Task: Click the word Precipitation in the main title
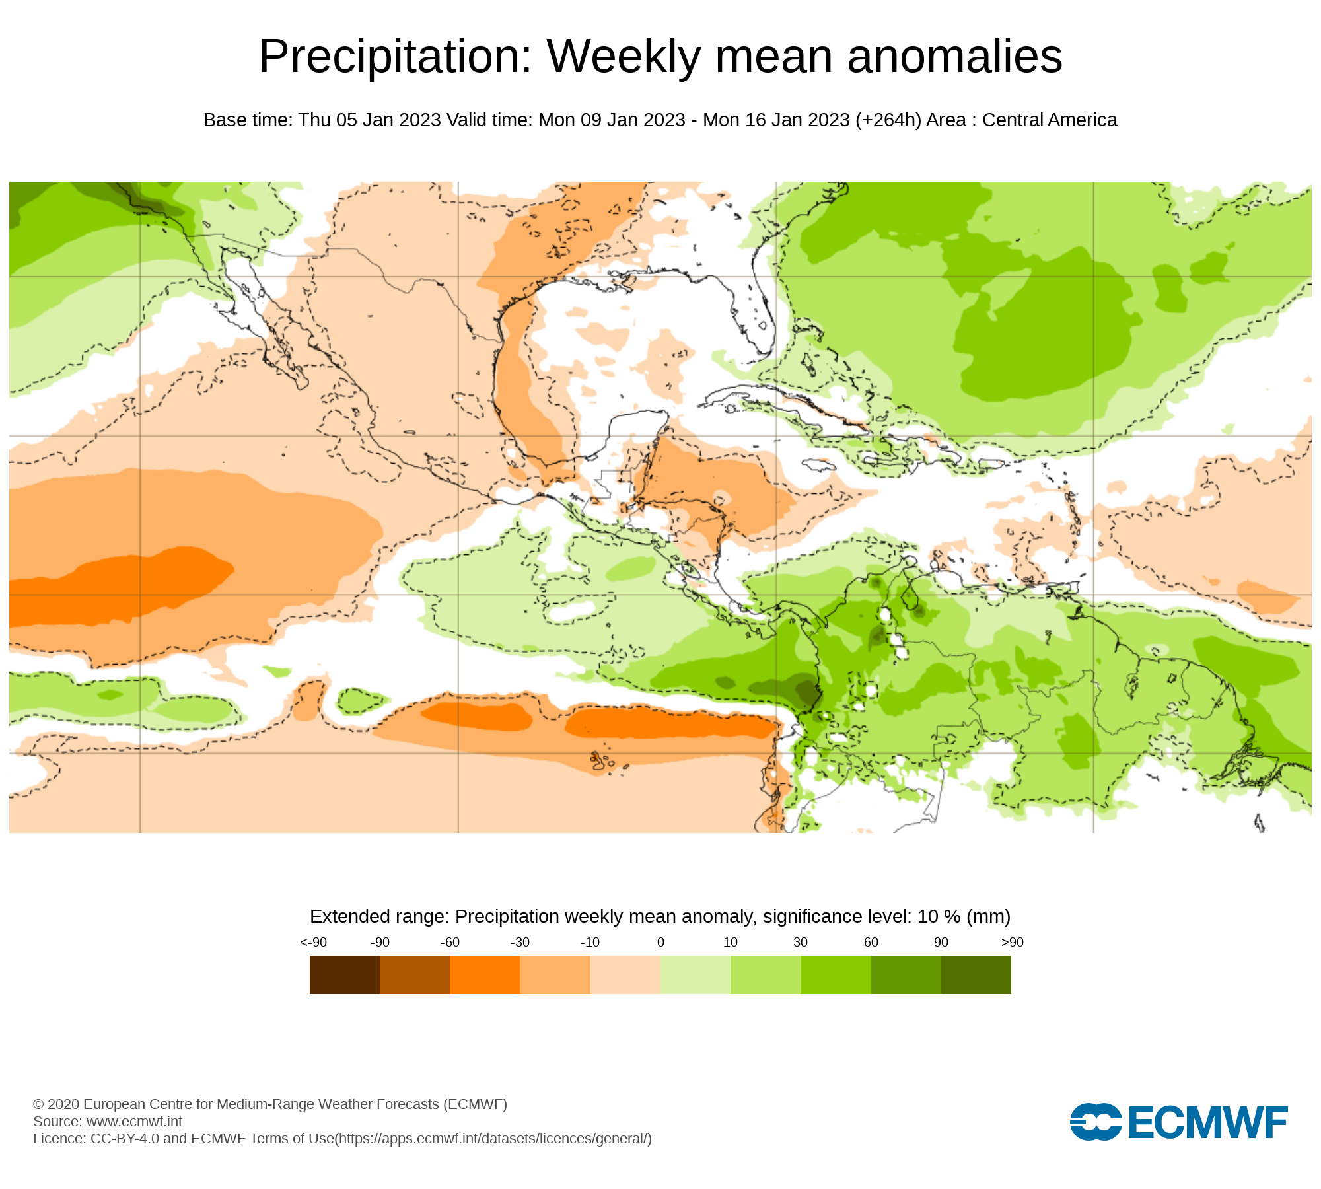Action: point(395,57)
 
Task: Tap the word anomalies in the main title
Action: point(954,57)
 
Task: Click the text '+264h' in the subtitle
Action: point(888,120)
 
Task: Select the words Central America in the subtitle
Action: point(1050,120)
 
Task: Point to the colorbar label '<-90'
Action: point(313,943)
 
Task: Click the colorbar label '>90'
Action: point(1012,943)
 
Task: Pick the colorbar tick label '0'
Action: point(660,943)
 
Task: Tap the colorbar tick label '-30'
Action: point(520,943)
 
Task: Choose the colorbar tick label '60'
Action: point(871,943)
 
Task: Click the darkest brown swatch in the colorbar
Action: point(345,975)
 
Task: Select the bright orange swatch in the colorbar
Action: point(485,975)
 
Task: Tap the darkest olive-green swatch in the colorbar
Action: point(976,975)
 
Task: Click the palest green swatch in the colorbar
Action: point(696,975)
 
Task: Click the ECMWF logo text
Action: point(1208,1122)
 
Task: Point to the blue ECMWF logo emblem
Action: point(1095,1122)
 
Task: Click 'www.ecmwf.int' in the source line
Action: point(134,1122)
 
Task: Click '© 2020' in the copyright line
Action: point(56,1104)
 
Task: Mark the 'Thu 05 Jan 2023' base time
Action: point(369,120)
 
